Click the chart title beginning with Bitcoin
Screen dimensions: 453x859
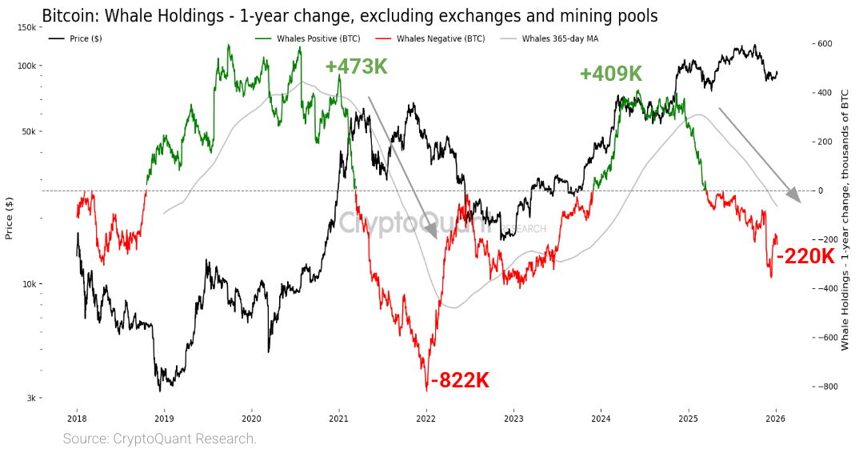click(x=350, y=15)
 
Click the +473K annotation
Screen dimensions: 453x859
click(x=356, y=67)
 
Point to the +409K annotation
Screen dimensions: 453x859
click(x=611, y=74)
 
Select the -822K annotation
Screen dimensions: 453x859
click(x=460, y=381)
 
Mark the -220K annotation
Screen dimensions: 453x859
click(x=805, y=257)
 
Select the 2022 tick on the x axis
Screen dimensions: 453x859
click(x=426, y=418)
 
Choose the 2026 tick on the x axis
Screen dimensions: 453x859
click(x=776, y=418)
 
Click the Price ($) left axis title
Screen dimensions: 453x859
click(x=10, y=218)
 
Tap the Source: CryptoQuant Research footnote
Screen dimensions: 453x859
click(x=160, y=439)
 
